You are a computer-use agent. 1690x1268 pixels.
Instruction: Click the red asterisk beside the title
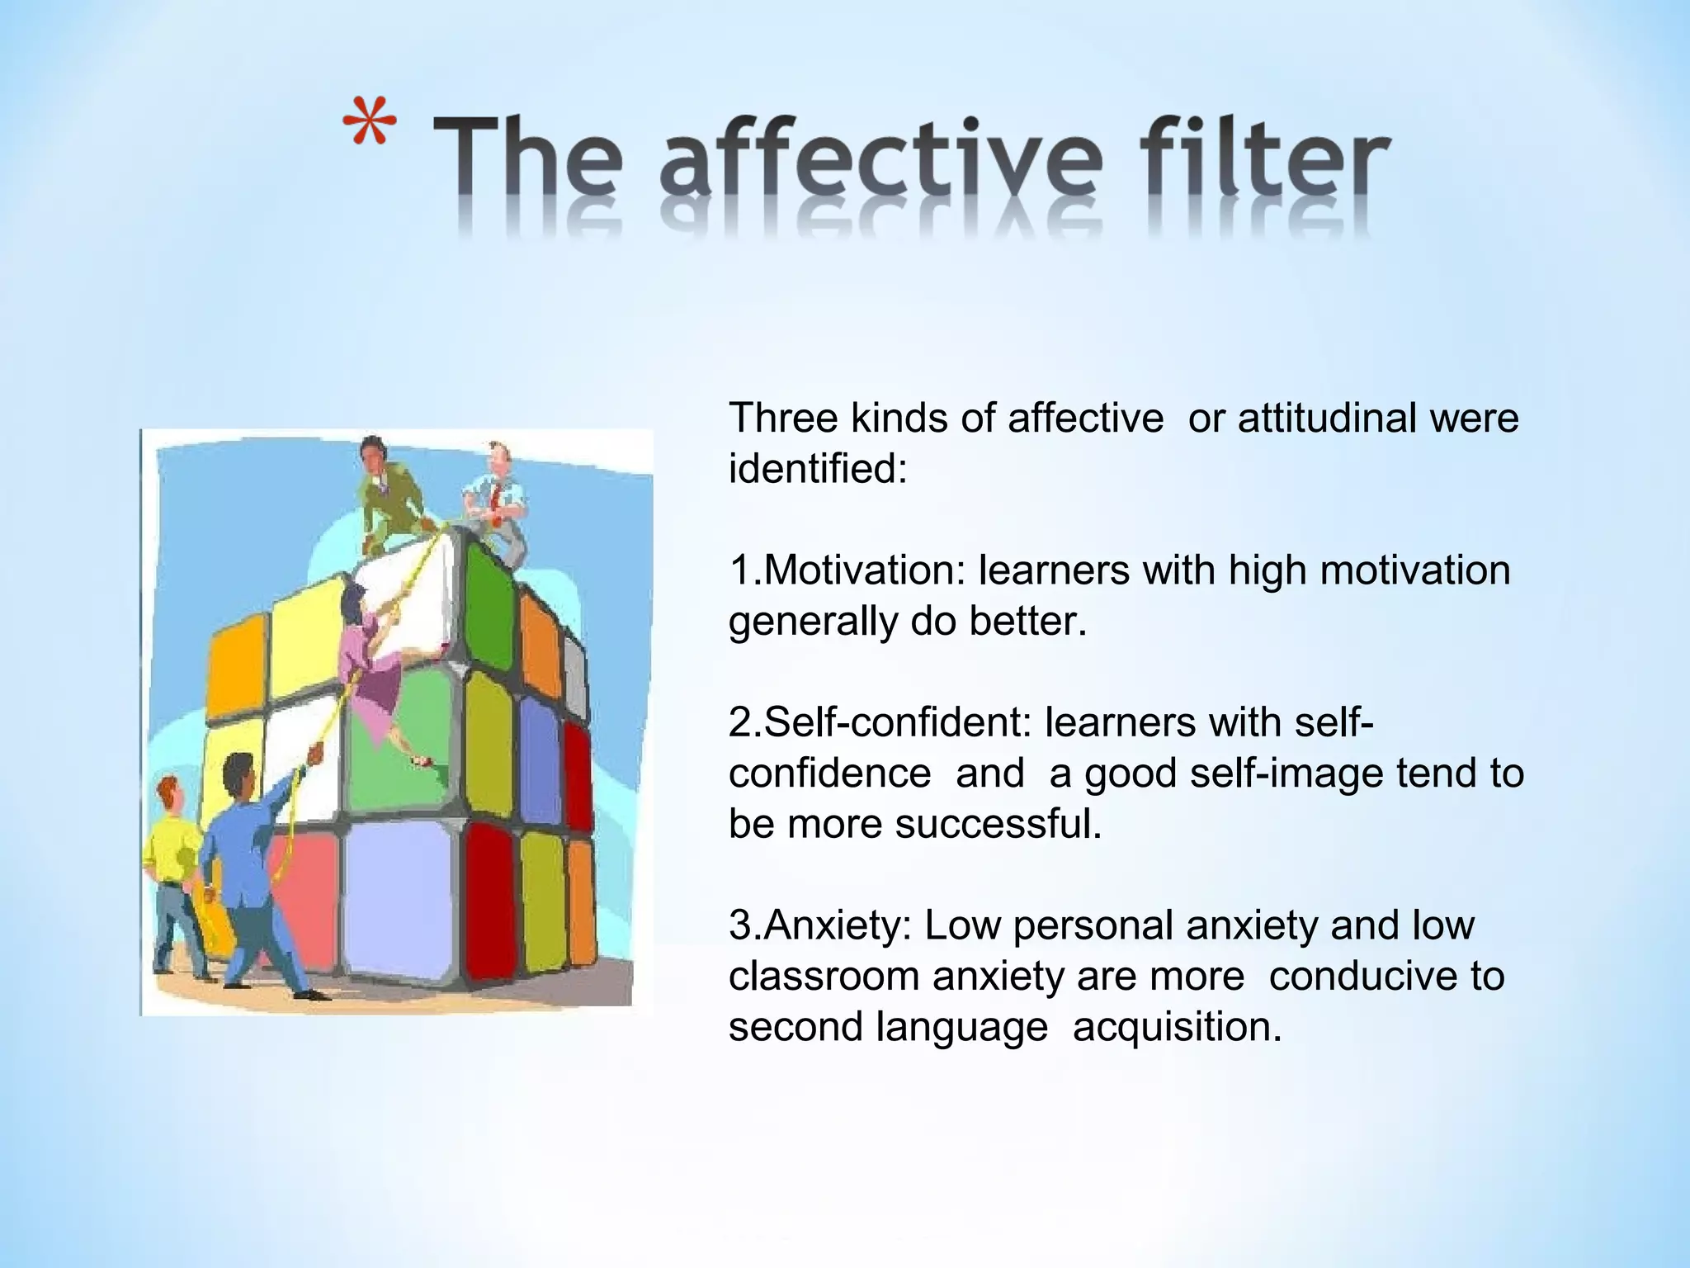[x=369, y=125]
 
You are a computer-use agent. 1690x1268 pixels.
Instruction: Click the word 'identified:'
[x=818, y=469]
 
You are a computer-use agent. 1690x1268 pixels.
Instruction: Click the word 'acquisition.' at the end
[x=1178, y=1027]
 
